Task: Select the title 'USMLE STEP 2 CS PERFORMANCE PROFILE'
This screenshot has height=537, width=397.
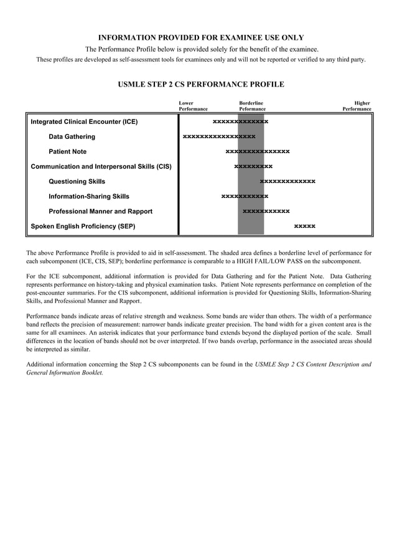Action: (x=201, y=85)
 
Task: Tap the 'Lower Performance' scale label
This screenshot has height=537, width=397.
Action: (x=193, y=106)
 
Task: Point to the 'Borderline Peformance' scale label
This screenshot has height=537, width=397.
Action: (x=252, y=106)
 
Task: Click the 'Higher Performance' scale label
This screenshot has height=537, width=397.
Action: (x=357, y=106)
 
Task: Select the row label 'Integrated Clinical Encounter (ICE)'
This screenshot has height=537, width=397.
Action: (x=84, y=122)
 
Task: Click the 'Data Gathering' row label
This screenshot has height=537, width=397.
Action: (x=72, y=137)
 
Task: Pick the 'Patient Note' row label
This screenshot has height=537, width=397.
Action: (x=68, y=152)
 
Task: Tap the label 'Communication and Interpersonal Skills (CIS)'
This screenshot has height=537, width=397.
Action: (x=101, y=167)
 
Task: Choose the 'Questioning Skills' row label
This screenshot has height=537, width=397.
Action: (x=77, y=182)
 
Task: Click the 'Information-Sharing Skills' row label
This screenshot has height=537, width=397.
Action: (x=89, y=197)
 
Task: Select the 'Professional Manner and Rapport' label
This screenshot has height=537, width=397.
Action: (x=100, y=212)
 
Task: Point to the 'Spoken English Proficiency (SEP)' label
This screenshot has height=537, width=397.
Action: (x=83, y=226)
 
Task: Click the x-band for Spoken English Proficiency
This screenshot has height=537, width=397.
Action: (x=304, y=226)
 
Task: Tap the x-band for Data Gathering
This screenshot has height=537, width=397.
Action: (x=219, y=137)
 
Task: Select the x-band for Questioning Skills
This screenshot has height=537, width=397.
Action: (x=287, y=182)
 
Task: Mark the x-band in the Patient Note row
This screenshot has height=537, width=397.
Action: (x=257, y=152)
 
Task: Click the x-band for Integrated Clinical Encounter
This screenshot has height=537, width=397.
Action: (x=240, y=122)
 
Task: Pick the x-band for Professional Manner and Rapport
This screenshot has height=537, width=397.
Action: (x=266, y=212)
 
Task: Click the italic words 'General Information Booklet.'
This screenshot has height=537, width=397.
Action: (x=65, y=373)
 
